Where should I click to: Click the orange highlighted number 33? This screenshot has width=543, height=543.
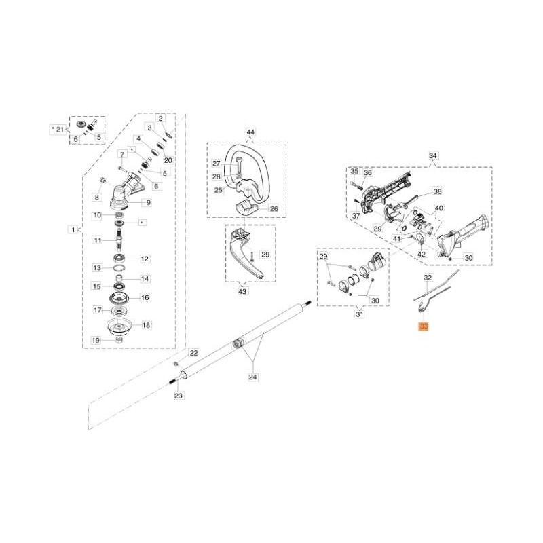click(424, 326)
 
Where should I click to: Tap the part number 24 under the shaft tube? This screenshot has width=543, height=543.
click(253, 376)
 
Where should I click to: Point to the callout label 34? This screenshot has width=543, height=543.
click(434, 156)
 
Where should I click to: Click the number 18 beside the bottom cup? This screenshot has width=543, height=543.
click(146, 325)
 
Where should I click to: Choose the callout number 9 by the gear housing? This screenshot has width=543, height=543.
click(148, 202)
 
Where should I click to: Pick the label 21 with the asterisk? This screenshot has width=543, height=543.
click(59, 128)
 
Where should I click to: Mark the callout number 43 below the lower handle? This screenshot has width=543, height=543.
click(243, 291)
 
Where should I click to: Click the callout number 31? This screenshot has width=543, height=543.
click(360, 314)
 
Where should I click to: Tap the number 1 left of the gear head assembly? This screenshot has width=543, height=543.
click(73, 230)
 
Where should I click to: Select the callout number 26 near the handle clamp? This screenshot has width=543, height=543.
click(274, 208)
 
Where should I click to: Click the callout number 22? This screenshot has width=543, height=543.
click(193, 353)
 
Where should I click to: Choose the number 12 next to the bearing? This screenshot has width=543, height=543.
click(144, 259)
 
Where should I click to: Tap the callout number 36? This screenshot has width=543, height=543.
click(368, 172)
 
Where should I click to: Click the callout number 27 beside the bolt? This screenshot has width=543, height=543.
click(216, 164)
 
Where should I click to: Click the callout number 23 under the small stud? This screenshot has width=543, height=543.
click(179, 396)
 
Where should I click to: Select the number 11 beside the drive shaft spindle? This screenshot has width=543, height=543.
click(98, 240)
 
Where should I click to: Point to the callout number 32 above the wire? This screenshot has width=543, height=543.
click(428, 278)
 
